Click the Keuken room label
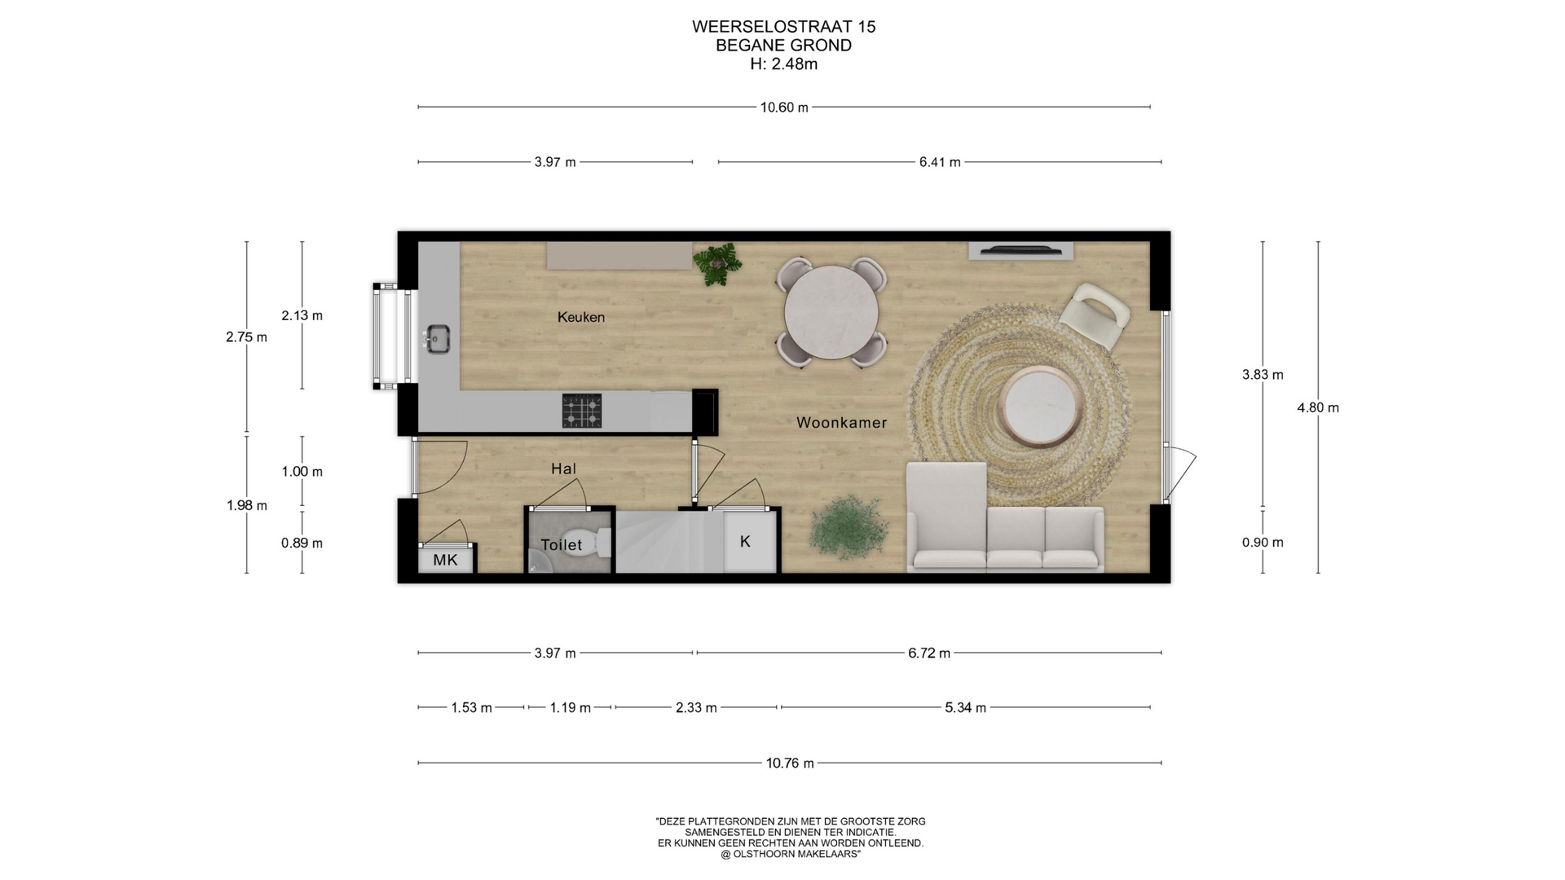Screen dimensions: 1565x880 pyautogui.click(x=581, y=317)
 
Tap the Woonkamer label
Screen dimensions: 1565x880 pyautogui.click(x=841, y=422)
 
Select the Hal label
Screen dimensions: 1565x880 pyautogui.click(x=563, y=469)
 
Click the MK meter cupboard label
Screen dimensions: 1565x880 pyautogui.click(x=445, y=560)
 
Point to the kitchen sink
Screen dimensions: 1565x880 pyautogui.click(x=438, y=340)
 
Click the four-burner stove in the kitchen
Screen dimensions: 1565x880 pyautogui.click(x=582, y=411)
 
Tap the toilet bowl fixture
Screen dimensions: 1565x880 pyautogui.click(x=602, y=542)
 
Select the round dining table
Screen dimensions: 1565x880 pyautogui.click(x=831, y=313)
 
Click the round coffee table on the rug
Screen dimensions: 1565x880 pyautogui.click(x=1043, y=407)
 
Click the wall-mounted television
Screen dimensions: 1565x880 pyautogui.click(x=1021, y=250)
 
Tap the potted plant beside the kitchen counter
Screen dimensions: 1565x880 pyautogui.click(x=717, y=263)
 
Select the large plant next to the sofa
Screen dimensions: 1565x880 pyautogui.click(x=849, y=527)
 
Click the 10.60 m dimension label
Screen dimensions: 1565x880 pyautogui.click(x=784, y=108)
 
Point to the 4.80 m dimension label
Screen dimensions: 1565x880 pyautogui.click(x=1318, y=407)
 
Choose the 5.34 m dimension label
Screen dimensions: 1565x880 pyautogui.click(x=965, y=707)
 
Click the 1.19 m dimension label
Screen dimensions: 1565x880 pyautogui.click(x=570, y=707)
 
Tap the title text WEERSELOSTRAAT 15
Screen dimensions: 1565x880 pyautogui.click(x=784, y=27)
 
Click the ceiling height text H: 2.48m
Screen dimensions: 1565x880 pyautogui.click(x=784, y=64)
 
